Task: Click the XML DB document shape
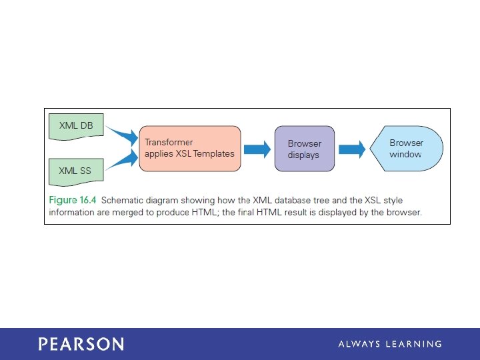76,127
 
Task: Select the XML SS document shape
76,172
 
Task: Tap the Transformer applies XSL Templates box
190,149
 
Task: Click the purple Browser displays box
305,149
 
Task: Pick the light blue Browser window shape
407,149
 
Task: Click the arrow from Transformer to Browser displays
257,150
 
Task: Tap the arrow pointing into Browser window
352,150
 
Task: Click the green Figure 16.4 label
73,200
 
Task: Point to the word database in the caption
293,200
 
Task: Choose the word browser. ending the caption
404,213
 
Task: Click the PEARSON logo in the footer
81,344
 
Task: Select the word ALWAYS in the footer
359,344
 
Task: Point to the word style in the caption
393,201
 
